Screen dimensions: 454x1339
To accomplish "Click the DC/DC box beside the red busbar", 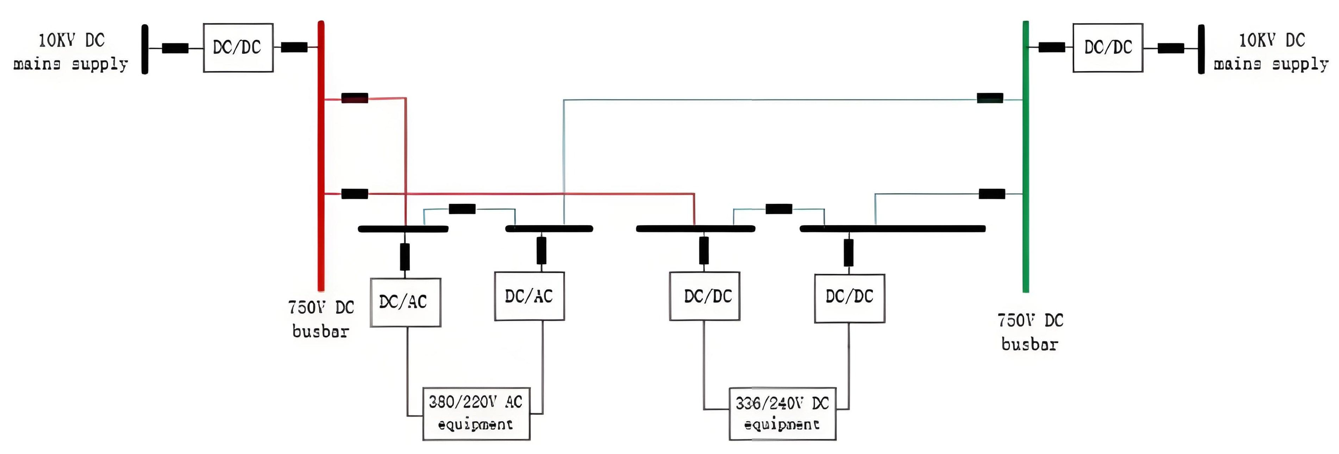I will pyautogui.click(x=238, y=47).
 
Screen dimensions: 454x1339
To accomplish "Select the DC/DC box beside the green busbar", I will pyautogui.click(x=1107, y=47).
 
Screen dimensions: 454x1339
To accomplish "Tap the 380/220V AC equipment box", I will pyautogui.click(x=476, y=414).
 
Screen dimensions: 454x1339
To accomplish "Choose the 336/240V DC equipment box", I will pyautogui.click(x=782, y=414).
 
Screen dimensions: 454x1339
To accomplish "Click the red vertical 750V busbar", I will pyautogui.click(x=321, y=156).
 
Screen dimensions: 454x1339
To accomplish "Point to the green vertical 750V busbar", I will pyautogui.click(x=1026, y=156).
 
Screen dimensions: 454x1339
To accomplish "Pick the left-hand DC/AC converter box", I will pyautogui.click(x=406, y=302).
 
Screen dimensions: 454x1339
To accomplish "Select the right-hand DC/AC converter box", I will pyautogui.click(x=529, y=296).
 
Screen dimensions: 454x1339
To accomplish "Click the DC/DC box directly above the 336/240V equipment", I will pyautogui.click(x=704, y=296).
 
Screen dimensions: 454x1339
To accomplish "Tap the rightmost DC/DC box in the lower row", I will pyautogui.click(x=849, y=298).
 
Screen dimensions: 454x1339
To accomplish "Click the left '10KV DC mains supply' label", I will pyautogui.click(x=71, y=52).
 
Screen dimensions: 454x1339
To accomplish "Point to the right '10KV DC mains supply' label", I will pyautogui.click(x=1271, y=52).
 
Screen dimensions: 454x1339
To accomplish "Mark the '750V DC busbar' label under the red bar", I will pyautogui.click(x=321, y=319).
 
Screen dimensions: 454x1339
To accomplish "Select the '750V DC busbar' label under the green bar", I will pyautogui.click(x=1030, y=332).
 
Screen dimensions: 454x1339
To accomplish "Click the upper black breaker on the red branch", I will pyautogui.click(x=355, y=97).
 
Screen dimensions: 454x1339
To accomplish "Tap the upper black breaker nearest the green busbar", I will pyautogui.click(x=990, y=97).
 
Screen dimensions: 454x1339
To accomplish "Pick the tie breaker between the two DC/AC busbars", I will pyautogui.click(x=462, y=209).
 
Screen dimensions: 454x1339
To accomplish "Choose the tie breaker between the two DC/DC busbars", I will pyautogui.click(x=779, y=209).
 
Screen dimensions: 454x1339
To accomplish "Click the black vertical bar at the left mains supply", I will pyautogui.click(x=145, y=49).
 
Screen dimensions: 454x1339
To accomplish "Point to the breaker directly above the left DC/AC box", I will pyautogui.click(x=405, y=257).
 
